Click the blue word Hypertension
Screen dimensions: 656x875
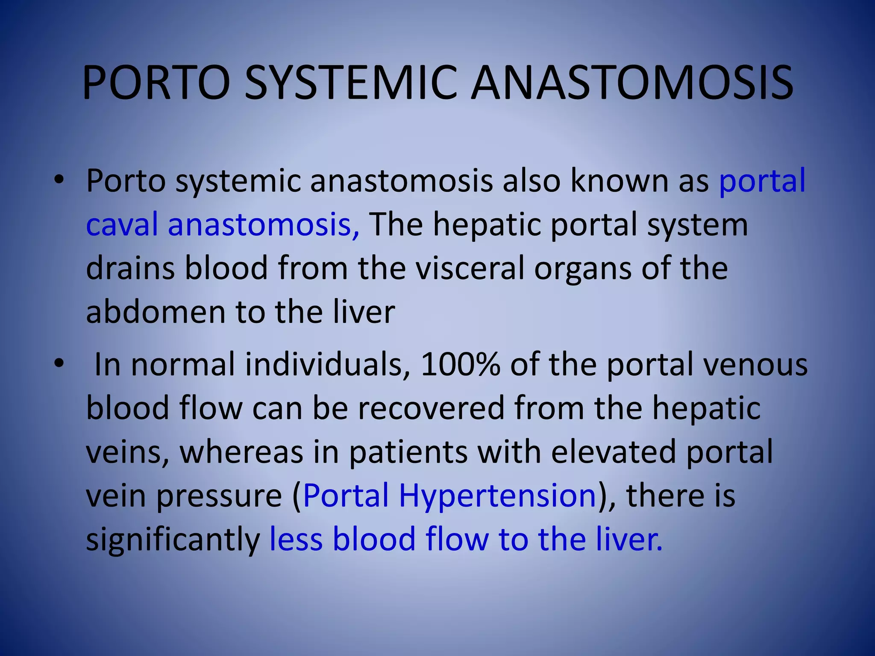497,495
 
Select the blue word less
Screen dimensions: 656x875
296,539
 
